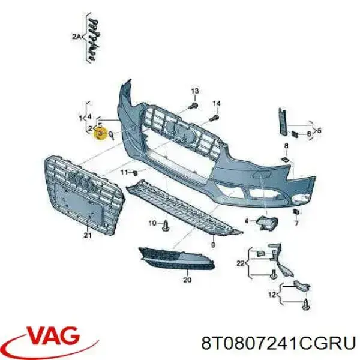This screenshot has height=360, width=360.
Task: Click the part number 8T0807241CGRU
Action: point(278,343)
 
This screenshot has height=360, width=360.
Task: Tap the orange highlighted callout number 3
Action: point(100,133)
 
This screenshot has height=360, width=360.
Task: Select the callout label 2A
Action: point(76,36)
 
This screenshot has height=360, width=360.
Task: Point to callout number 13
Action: point(194,91)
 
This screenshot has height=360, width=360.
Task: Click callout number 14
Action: point(216,103)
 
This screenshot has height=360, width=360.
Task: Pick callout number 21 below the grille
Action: point(88,235)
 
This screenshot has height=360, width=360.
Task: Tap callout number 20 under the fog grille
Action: point(187,280)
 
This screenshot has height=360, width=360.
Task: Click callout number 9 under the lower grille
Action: point(213,245)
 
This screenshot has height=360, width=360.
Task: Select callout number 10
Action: point(152,223)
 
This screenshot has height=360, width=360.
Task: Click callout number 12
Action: point(272,295)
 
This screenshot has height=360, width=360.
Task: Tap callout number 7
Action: point(296,223)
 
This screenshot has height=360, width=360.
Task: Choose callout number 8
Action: point(286,146)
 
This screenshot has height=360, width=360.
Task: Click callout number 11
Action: point(124,172)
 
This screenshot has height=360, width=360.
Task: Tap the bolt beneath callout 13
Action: point(193,106)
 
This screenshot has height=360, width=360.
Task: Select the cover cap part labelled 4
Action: point(267,223)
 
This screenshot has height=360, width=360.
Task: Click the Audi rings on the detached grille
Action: point(82,180)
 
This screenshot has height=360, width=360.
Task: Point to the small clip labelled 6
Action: point(295,134)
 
